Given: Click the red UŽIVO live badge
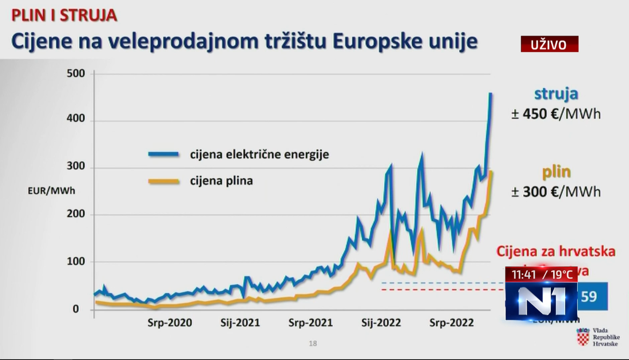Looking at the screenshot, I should [x=549, y=44].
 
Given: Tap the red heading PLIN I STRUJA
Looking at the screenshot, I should [x=64, y=15].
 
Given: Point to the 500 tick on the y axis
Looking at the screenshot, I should [x=76, y=73].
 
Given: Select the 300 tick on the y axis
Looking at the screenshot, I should [x=76, y=166].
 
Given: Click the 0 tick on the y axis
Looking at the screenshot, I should [x=76, y=309].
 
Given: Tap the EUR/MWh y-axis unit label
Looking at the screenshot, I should [x=51, y=191].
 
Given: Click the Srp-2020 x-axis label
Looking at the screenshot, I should [x=170, y=323].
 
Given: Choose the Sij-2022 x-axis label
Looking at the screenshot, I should [x=381, y=323].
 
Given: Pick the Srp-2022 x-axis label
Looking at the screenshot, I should [x=452, y=323].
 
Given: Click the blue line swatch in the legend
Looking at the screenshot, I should [x=163, y=155].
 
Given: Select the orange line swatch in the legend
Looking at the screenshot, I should [x=163, y=181].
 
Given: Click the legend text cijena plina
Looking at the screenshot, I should [x=221, y=181].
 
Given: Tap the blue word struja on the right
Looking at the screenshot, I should [x=556, y=94].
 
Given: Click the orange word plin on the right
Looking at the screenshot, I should [x=556, y=172].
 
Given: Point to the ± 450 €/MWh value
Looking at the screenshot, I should [x=556, y=114].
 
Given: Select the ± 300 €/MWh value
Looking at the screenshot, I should [x=556, y=192].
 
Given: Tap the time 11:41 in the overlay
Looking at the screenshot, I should [x=524, y=275].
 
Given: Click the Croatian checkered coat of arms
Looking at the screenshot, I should [x=583, y=337].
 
